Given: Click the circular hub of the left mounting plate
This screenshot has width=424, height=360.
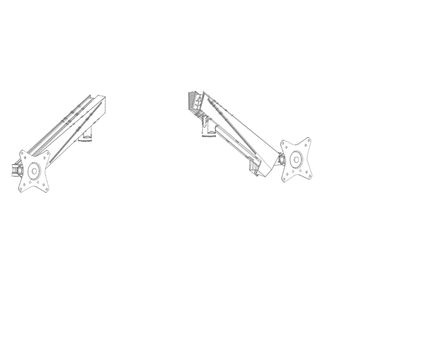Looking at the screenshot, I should [x=33, y=170].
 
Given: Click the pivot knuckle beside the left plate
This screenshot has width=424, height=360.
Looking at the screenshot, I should [x=19, y=170].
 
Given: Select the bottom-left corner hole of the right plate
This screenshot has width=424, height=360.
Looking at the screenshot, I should [x=284, y=179].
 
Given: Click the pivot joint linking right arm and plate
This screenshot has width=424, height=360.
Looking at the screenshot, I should [x=281, y=160].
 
